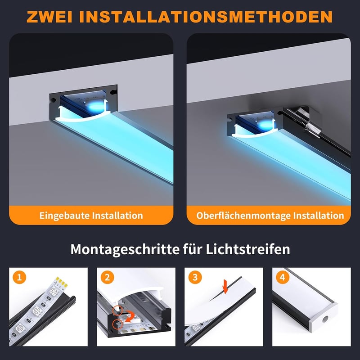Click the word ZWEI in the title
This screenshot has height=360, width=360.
[49, 17]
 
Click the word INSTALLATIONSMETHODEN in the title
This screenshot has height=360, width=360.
[206, 17]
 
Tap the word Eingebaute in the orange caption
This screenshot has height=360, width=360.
[64, 216]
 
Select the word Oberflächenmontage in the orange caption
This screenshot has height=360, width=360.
[243, 216]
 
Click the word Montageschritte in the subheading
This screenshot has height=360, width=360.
[125, 250]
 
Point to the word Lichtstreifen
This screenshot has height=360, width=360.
[248, 249]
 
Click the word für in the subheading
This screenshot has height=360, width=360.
[192, 249]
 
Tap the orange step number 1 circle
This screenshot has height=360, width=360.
[19, 278]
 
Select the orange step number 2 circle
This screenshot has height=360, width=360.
[107, 278]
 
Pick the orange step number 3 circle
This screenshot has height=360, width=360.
[195, 278]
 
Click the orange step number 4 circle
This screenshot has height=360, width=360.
[283, 278]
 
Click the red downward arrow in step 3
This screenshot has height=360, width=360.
[225, 287]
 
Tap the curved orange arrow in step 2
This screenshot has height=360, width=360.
[130, 317]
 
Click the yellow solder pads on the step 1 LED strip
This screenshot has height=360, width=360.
[62, 282]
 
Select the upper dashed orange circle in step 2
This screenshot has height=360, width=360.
[117, 310]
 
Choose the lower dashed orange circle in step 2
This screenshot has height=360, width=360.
[118, 324]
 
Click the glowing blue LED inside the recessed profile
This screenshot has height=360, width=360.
[96, 106]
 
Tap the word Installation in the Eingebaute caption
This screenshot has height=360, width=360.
[117, 216]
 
